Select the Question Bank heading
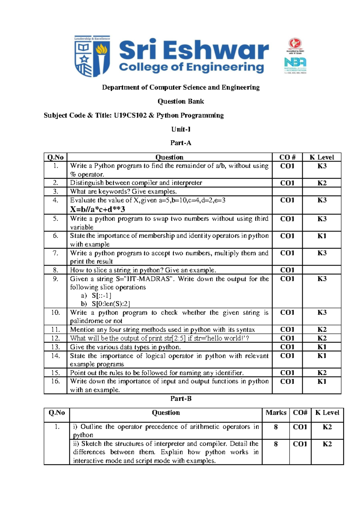(x=181, y=101)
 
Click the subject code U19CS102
(x=130, y=115)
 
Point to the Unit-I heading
(x=181, y=129)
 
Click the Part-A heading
(x=181, y=143)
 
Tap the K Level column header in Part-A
(x=322, y=157)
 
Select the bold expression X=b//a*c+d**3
(x=97, y=209)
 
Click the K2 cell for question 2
(x=322, y=183)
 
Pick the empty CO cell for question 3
(x=287, y=192)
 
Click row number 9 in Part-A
(x=56, y=279)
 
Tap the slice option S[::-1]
(x=102, y=296)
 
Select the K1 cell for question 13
(x=322, y=347)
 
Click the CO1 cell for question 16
(x=287, y=381)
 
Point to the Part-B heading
(x=181, y=399)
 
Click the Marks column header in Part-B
(x=276, y=413)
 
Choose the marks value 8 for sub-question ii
(x=276, y=444)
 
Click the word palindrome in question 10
(x=86, y=321)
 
